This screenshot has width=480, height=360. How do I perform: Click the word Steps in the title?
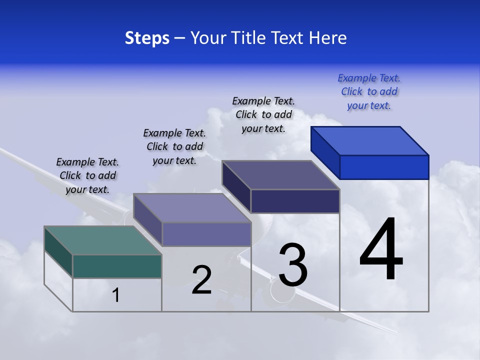point(147,38)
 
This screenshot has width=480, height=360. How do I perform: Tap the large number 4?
point(381,250)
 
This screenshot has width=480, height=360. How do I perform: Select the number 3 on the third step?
point(293,265)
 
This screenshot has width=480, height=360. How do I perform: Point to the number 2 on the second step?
point(202,280)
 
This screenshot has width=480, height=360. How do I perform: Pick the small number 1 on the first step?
point(116,295)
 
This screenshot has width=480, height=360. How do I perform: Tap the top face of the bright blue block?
point(370,140)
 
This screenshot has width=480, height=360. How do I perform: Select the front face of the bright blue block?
point(384,167)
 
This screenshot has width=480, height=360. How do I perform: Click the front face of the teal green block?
point(117,266)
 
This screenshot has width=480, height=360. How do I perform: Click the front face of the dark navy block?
point(295,201)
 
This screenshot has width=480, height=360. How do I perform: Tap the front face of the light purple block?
point(206,234)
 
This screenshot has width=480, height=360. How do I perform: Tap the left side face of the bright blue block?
point(325,152)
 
